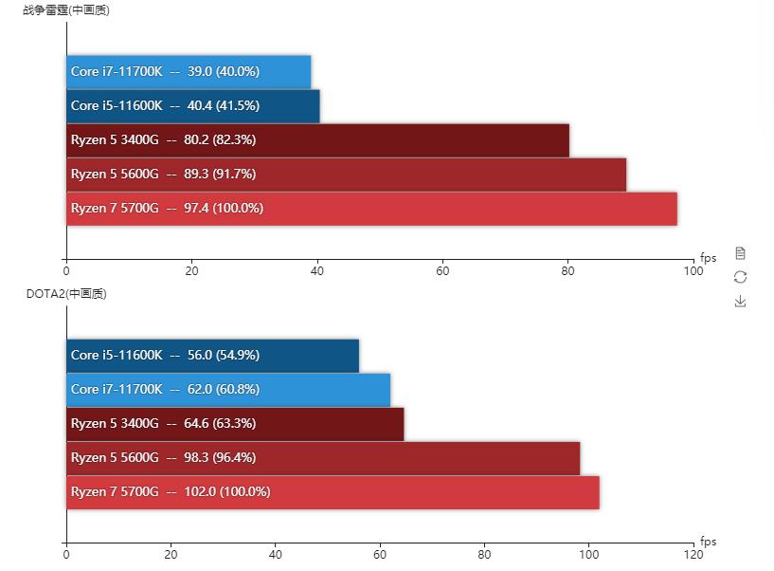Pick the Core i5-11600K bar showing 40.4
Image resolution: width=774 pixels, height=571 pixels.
click(193, 106)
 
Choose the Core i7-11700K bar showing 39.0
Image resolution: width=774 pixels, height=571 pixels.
click(189, 72)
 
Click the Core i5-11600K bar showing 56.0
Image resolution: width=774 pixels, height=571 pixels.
click(212, 356)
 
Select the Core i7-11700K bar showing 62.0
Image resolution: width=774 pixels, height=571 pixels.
click(228, 390)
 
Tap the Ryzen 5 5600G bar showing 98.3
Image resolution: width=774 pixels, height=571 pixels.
click(323, 458)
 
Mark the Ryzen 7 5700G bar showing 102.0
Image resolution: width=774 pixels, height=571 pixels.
click(333, 492)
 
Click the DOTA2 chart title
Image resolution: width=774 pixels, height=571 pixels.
click(66, 294)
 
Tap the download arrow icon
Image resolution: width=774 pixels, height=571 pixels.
click(741, 302)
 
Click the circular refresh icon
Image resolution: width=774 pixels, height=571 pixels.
click(741, 277)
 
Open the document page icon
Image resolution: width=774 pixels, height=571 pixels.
click(741, 253)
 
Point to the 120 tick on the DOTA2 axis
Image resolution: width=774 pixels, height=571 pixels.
click(693, 556)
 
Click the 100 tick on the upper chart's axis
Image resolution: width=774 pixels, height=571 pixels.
click(693, 271)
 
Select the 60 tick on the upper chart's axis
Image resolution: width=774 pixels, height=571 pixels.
click(442, 271)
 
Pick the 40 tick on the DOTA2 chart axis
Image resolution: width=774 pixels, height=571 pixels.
click(276, 556)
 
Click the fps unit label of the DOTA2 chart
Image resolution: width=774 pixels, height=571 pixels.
click(709, 543)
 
